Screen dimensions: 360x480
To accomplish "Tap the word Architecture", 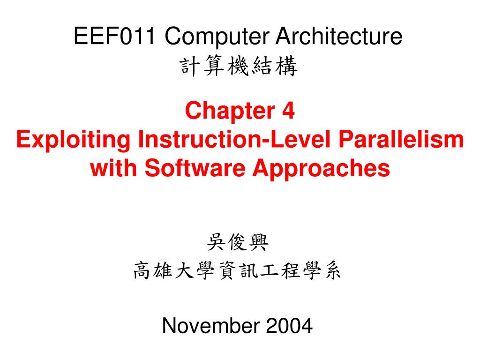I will [338, 37].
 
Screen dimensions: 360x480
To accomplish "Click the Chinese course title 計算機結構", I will [239, 68].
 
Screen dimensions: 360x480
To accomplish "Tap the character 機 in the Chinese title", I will [239, 68].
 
